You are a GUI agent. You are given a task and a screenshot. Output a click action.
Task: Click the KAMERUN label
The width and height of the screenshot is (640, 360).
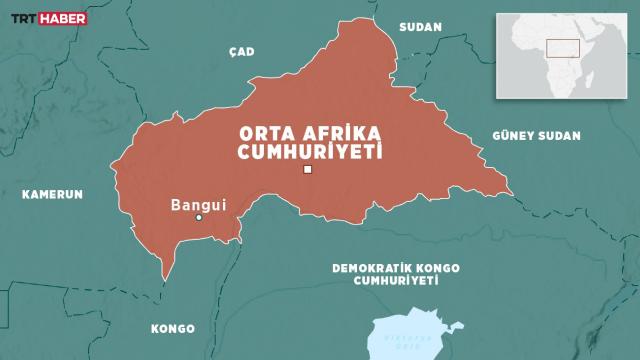coord(52,194)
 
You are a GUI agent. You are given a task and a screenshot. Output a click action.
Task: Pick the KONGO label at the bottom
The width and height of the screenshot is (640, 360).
coord(172,328)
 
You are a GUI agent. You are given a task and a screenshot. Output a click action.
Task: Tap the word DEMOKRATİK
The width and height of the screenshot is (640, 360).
coord(380,268)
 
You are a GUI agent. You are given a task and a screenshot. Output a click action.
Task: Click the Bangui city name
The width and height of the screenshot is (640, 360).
coord(199,205)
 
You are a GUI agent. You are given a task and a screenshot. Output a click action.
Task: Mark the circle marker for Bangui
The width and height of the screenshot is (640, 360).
coord(199,218)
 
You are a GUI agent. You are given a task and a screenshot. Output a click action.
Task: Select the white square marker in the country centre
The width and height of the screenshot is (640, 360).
coord(308,170)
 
